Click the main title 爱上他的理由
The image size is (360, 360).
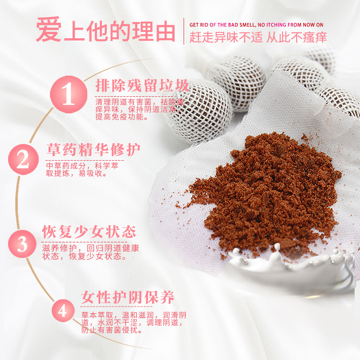coord(105,31)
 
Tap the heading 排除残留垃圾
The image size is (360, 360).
coord(142,85)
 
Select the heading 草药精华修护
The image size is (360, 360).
coord(94,150)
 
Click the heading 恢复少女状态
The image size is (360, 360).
coord(89,232)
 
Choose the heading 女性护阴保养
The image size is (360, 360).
coord(127,297)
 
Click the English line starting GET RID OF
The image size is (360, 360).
coord(256,24)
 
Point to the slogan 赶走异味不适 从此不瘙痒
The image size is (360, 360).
coord(258,37)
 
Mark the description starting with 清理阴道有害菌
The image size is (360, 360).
coord(135,109)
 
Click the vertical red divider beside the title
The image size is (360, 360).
coord(184,31)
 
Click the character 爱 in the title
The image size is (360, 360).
coord(48,31)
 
